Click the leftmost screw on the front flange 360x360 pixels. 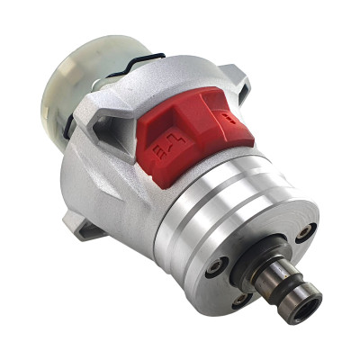pos(217,266)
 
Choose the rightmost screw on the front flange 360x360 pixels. pos(305,233)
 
